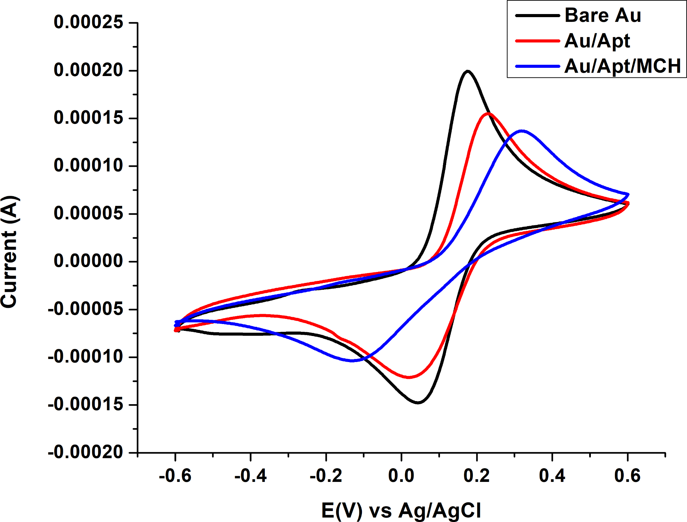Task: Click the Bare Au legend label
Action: click(x=602, y=15)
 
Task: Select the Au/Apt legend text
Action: click(x=597, y=41)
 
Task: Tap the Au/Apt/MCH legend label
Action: click(x=622, y=66)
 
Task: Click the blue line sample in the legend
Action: click(x=537, y=66)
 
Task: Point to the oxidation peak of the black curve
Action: click(x=467, y=71)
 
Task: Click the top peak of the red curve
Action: click(x=488, y=113)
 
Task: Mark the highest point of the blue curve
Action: click(x=522, y=130)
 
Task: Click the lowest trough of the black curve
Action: click(x=418, y=402)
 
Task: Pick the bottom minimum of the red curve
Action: click(x=409, y=377)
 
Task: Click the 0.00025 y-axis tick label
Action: click(x=88, y=22)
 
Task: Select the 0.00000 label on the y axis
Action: click(x=88, y=261)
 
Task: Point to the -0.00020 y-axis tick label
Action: click(x=85, y=452)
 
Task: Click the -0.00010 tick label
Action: click(x=85, y=357)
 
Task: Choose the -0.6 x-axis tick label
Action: click(x=175, y=476)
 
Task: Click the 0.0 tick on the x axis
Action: click(x=401, y=476)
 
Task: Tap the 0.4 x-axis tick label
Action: click(x=552, y=476)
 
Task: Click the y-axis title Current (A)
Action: click(x=9, y=252)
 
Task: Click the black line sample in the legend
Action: click(x=537, y=15)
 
